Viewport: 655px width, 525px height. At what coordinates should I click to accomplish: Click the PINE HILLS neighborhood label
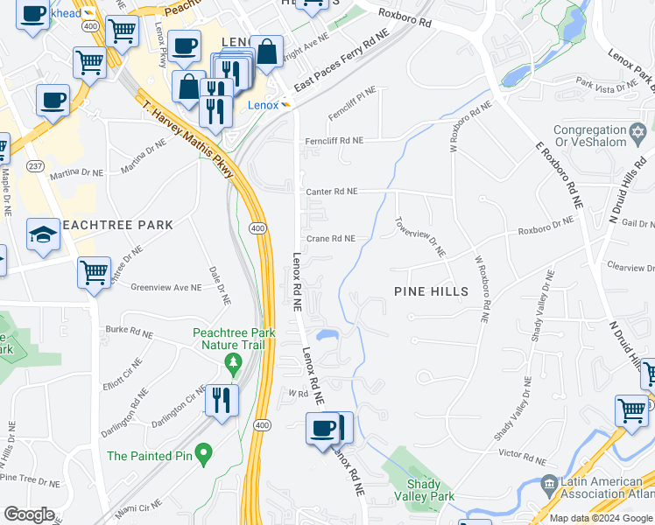(431, 290)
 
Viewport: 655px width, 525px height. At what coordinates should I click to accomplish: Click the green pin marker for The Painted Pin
(204, 453)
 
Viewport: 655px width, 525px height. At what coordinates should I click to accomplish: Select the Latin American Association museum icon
(549, 483)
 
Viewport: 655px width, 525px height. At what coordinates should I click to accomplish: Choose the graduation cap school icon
(42, 235)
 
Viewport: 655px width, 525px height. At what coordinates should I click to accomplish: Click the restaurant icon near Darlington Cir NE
(222, 400)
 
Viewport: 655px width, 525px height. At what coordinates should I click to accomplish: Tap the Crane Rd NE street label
(330, 238)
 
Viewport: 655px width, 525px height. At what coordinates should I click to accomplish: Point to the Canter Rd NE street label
(331, 191)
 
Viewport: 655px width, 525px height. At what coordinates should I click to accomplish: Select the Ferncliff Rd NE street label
(333, 140)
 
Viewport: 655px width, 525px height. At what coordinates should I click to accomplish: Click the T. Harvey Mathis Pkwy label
(187, 139)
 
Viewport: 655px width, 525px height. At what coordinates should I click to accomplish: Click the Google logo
(29, 514)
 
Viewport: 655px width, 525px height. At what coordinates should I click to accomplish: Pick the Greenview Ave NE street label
(166, 286)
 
